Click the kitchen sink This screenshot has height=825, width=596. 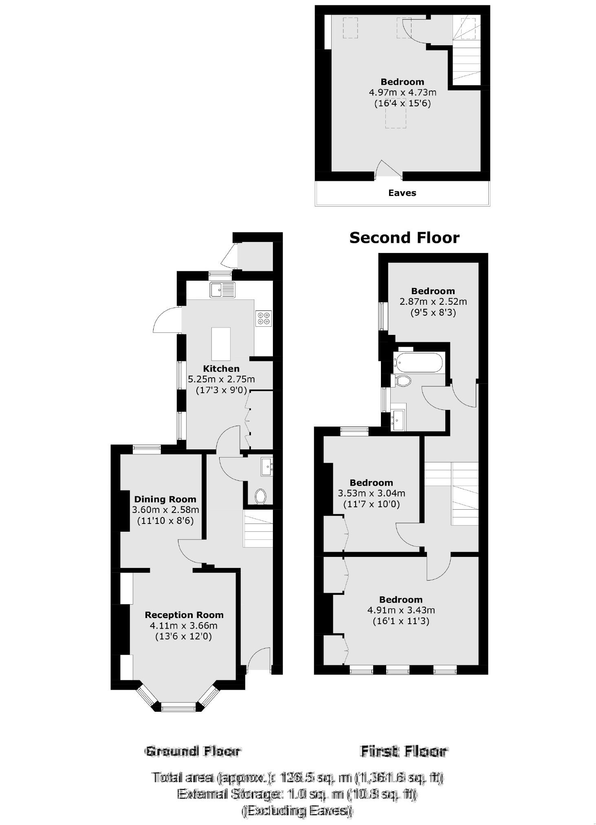(222, 290)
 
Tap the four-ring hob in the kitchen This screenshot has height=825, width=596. (263, 318)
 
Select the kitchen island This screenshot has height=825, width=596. (221, 343)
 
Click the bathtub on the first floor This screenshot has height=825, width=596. (418, 362)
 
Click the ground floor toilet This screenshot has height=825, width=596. (260, 497)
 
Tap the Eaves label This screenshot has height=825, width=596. (402, 193)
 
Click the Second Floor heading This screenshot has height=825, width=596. (404, 238)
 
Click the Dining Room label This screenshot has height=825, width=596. (165, 499)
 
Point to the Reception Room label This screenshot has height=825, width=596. (184, 615)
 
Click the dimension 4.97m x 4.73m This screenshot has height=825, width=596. (402, 92)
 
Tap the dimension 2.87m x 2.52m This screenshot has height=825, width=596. (433, 301)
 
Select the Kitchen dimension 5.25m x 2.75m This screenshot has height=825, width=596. (221, 379)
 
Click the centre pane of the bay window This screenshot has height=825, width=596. (179, 707)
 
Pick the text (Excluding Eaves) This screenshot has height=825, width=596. (297, 810)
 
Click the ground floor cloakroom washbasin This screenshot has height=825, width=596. (267, 467)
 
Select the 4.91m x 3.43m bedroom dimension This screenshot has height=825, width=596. (401, 610)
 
